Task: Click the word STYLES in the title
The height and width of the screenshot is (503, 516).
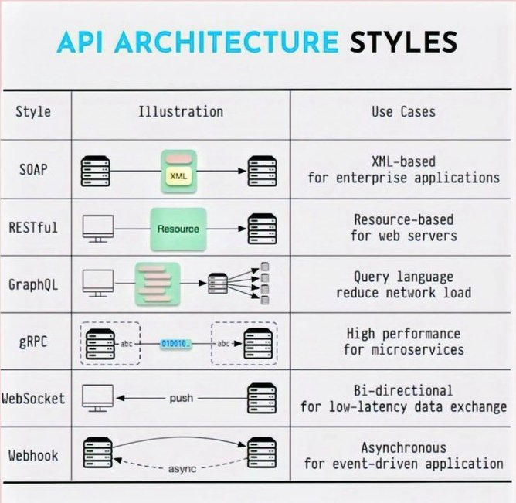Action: pos(401,41)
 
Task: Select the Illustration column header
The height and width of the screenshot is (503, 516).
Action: pos(181,111)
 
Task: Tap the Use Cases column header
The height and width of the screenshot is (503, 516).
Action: pos(402,111)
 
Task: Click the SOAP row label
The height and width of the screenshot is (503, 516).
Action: pos(31,168)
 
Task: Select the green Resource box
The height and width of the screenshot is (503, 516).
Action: pos(178,229)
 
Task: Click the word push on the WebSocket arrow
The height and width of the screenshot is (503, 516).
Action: pos(180,398)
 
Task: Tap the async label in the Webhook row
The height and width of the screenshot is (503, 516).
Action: pos(182,469)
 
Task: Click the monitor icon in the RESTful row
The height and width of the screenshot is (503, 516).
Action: pos(97,228)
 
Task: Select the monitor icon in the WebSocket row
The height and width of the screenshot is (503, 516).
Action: pos(97,398)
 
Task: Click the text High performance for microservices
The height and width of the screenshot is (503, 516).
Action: pos(403,342)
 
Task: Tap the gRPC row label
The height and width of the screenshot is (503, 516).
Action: pos(31,342)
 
